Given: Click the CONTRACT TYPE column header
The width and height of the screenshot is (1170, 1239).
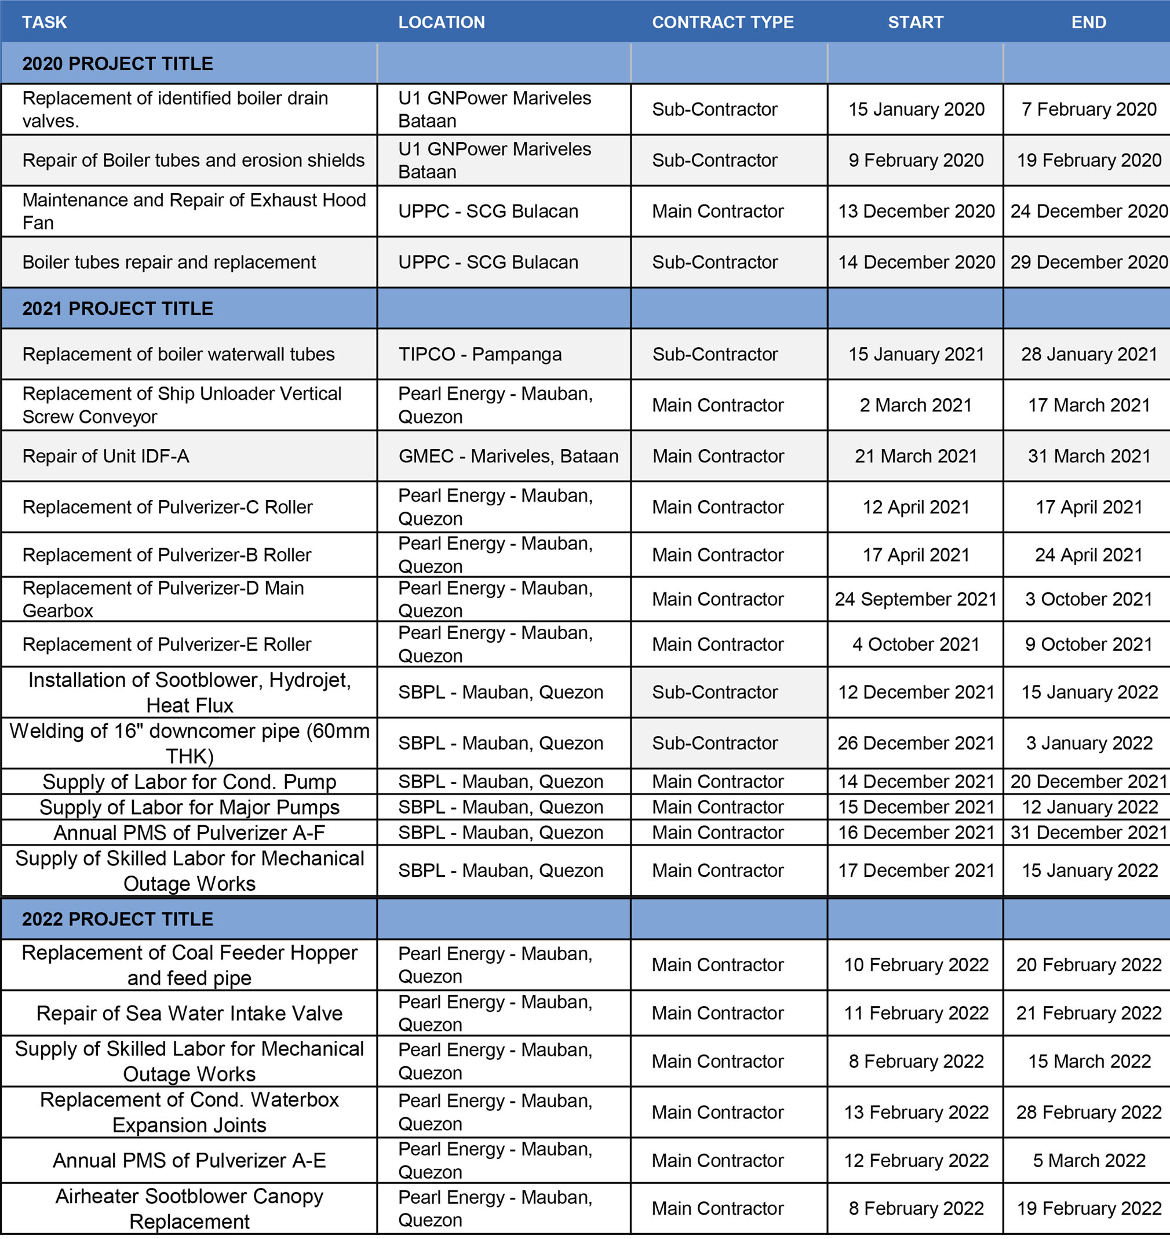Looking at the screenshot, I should (722, 23).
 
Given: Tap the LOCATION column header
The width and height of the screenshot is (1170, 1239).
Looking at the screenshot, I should (442, 23).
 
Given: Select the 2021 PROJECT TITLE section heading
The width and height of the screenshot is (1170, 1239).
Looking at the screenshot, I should (118, 309).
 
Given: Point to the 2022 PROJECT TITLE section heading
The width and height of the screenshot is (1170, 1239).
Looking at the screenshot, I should (118, 919).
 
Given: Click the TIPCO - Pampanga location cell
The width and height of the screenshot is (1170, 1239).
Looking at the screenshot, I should (480, 354).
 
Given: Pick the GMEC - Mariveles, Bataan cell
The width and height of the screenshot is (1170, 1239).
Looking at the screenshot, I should (508, 456).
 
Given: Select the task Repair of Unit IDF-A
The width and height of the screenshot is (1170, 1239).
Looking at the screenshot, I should (105, 456).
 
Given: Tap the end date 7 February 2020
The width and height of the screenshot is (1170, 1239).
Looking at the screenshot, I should (1088, 109).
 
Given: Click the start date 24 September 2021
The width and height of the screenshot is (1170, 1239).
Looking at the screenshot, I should (916, 599).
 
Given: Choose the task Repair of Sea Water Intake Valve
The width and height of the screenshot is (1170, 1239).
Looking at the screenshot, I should (189, 1013).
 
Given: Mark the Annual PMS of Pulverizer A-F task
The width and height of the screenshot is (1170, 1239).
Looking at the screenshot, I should (189, 832).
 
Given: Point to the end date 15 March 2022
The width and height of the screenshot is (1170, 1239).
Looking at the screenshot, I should (1089, 1061).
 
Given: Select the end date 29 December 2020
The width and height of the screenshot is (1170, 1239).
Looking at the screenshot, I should (1088, 262).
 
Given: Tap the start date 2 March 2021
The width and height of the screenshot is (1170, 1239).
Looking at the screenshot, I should (916, 405).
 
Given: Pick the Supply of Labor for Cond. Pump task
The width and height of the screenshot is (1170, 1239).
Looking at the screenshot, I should (189, 781).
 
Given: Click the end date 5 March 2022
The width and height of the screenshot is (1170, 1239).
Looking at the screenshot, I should (1089, 1160).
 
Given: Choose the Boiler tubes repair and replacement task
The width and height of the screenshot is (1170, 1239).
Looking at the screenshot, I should (169, 262).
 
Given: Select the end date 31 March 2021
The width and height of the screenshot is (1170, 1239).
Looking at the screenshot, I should (1089, 456).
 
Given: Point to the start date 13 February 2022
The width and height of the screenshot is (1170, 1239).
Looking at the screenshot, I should (916, 1113).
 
